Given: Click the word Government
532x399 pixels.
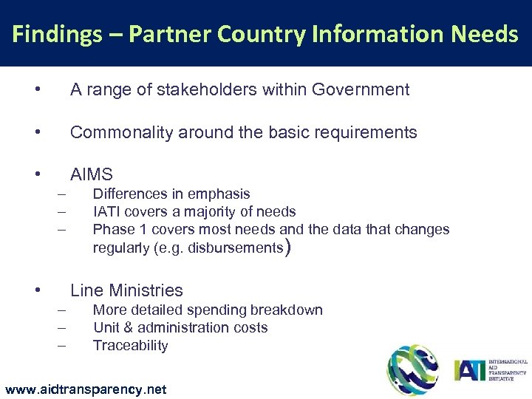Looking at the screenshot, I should click(x=361, y=90).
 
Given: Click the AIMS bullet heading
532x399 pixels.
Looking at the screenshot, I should click(x=91, y=175).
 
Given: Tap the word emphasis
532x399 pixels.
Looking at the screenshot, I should click(x=219, y=194).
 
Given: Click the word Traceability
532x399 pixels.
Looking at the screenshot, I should click(x=130, y=345).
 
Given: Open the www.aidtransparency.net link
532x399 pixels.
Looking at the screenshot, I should click(x=85, y=389).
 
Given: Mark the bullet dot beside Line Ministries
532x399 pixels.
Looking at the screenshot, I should click(x=37, y=290).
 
